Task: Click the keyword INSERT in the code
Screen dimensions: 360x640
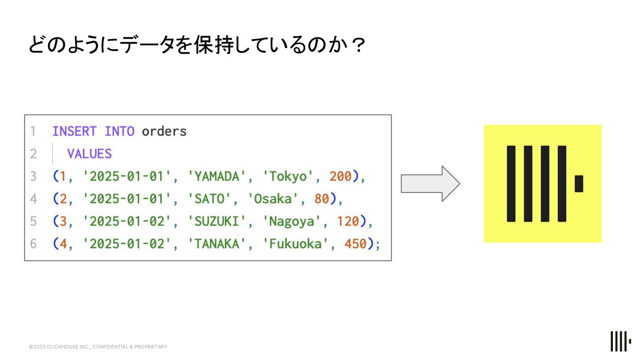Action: click(x=74, y=132)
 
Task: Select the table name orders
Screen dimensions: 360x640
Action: click(x=164, y=132)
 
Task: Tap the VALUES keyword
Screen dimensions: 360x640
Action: click(x=89, y=154)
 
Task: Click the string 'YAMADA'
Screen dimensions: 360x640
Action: click(x=217, y=176)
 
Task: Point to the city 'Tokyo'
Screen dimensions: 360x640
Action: click(x=292, y=176)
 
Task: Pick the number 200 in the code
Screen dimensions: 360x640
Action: click(x=340, y=176)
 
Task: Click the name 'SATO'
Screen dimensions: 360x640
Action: click(x=209, y=199)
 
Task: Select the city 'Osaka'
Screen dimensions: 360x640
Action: click(x=277, y=199)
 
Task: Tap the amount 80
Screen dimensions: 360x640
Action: click(x=321, y=199)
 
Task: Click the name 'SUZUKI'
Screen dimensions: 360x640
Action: click(x=217, y=221)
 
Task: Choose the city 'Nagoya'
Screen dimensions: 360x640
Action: click(x=292, y=221)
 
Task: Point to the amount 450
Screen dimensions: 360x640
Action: click(x=356, y=244)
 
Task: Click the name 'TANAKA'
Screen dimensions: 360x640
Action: click(x=217, y=244)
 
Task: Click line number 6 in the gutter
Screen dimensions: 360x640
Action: click(x=33, y=244)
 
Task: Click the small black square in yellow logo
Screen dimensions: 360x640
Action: click(x=579, y=184)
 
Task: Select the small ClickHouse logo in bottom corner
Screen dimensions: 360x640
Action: click(x=620, y=341)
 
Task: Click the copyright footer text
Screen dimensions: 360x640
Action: click(x=98, y=347)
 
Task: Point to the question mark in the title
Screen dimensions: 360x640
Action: click(x=358, y=45)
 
